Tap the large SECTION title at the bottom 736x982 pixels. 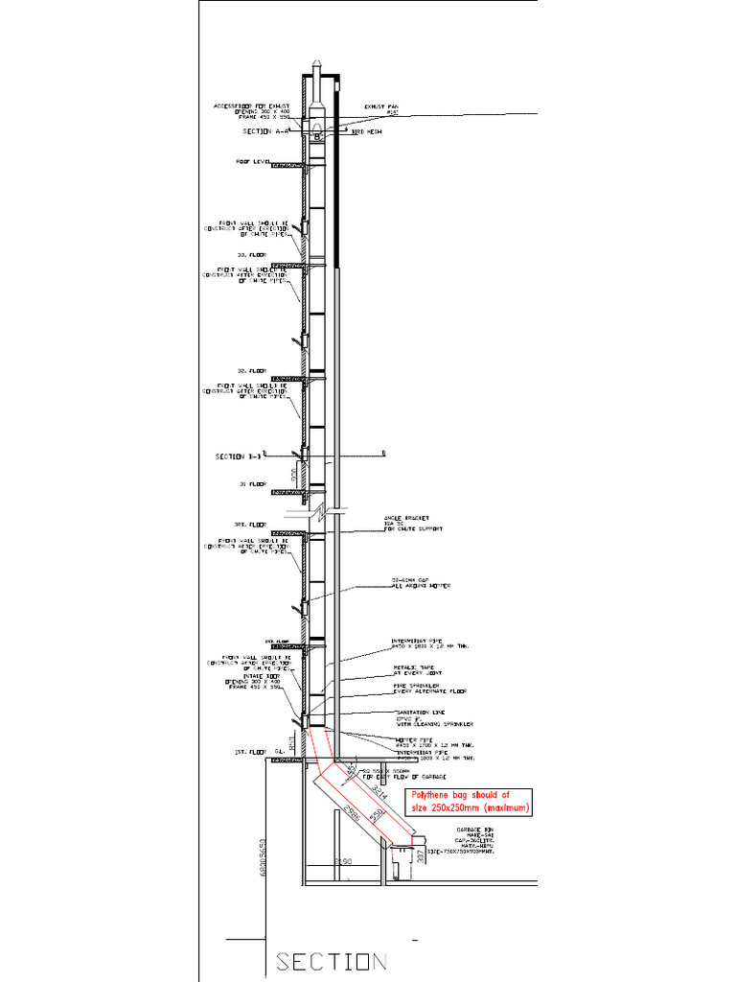(331, 961)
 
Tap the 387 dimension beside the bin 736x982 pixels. (420, 855)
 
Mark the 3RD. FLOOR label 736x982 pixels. (250, 525)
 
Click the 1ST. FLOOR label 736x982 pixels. (249, 752)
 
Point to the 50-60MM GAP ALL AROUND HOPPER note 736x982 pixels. (420, 582)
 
